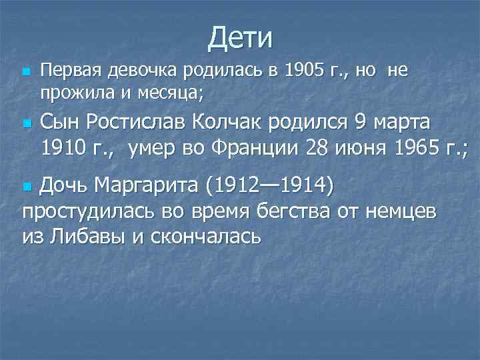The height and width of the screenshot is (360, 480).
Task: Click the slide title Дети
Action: tap(240, 37)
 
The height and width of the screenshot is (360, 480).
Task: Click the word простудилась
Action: tap(89, 213)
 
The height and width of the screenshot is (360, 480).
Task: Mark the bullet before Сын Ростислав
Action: tap(26, 124)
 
